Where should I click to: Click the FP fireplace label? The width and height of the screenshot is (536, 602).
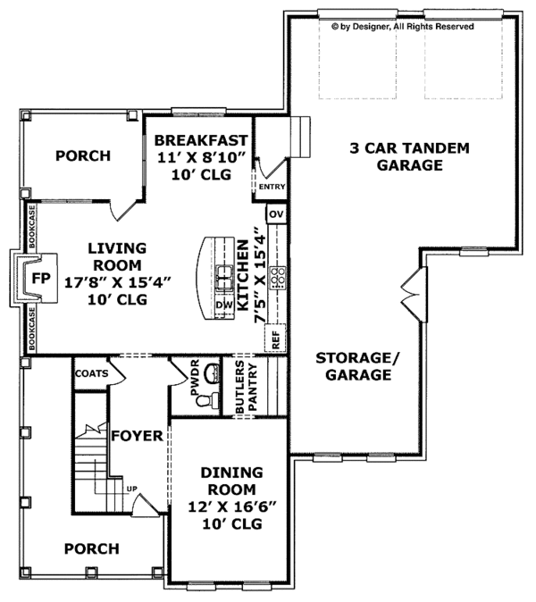click(x=38, y=278)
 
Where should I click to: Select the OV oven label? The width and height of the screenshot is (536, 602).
click(x=276, y=215)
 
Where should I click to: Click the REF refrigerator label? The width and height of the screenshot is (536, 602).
click(x=275, y=339)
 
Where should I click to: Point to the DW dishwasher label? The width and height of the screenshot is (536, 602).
click(x=224, y=305)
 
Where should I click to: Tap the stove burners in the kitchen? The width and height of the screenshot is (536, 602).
click(x=277, y=277)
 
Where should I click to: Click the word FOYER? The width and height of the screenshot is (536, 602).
click(x=137, y=437)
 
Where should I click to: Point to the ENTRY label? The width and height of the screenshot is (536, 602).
click(x=272, y=188)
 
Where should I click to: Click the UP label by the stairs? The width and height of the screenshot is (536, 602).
click(x=132, y=489)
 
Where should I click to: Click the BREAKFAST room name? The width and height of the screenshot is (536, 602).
click(x=201, y=140)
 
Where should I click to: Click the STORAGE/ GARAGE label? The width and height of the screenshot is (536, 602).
click(x=354, y=366)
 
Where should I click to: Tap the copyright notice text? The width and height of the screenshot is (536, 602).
click(x=403, y=27)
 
